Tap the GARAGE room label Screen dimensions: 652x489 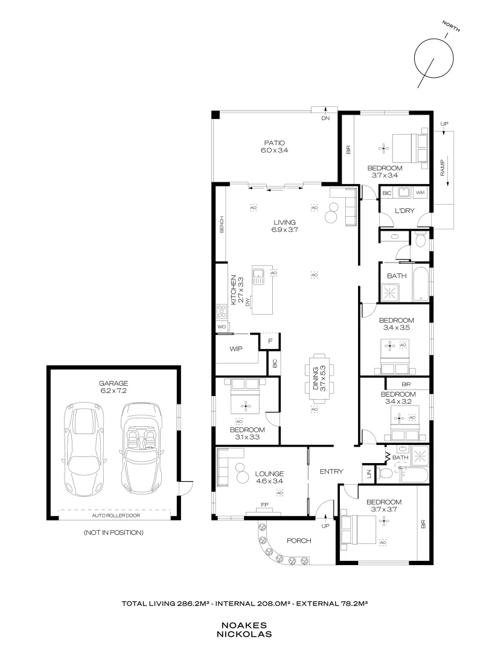[114, 383]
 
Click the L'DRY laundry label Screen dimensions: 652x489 [404, 210]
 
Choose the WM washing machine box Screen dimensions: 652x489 [420, 193]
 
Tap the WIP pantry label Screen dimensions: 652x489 [236, 349]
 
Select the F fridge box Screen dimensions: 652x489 [270, 342]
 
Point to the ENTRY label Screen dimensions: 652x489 [331, 471]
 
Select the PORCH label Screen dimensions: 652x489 [299, 541]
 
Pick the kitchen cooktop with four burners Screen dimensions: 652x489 [220, 312]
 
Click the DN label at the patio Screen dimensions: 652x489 [326, 118]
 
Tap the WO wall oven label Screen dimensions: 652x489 [221, 327]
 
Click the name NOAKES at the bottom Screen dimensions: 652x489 [244, 626]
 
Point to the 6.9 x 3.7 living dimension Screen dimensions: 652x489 [285, 229]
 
